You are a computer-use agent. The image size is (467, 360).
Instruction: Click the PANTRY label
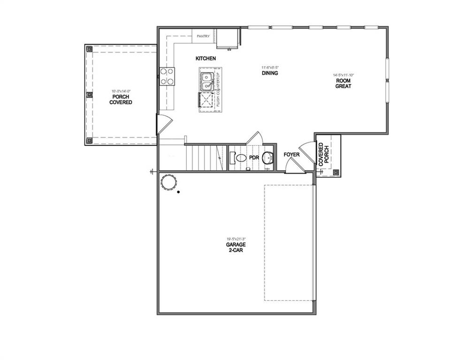(x=203, y=36)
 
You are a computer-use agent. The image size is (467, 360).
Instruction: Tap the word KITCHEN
(x=206, y=59)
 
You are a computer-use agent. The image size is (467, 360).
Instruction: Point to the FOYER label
(x=291, y=155)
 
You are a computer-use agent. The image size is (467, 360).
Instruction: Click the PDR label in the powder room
(x=254, y=157)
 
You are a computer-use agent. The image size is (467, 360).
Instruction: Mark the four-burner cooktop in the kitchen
(x=168, y=76)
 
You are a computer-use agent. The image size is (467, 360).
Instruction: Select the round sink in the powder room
(x=268, y=157)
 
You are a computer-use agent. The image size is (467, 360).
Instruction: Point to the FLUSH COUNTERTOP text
(x=218, y=90)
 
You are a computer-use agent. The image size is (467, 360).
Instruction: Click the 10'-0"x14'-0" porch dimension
(x=121, y=91)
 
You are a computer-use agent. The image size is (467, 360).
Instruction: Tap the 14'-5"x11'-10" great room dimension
(x=343, y=75)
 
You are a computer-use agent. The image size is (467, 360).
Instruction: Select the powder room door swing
(x=255, y=139)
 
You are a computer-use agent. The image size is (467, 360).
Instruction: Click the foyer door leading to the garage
(x=292, y=165)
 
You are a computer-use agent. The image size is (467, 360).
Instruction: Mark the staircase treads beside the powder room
(x=205, y=157)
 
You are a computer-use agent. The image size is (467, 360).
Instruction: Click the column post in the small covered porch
(x=336, y=172)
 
